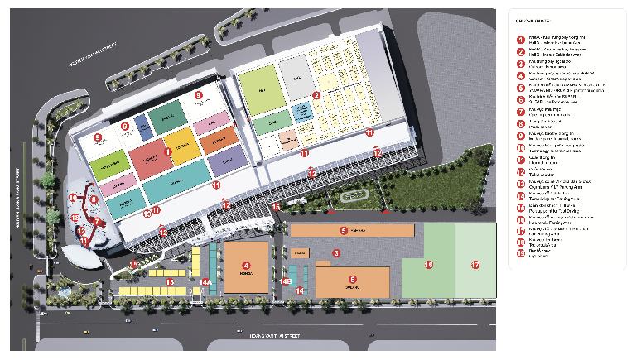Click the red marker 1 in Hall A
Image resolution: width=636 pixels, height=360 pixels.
coord(168,151)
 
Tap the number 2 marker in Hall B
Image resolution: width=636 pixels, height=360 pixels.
coord(316,95)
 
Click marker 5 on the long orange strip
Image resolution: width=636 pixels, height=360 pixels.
coord(342,230)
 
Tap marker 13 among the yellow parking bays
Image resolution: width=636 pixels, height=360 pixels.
coord(169,282)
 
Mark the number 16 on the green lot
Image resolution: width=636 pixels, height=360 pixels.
coord(428,265)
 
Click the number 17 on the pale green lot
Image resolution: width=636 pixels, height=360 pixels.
coord(475,265)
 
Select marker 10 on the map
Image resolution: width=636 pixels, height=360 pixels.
coord(72,198)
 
